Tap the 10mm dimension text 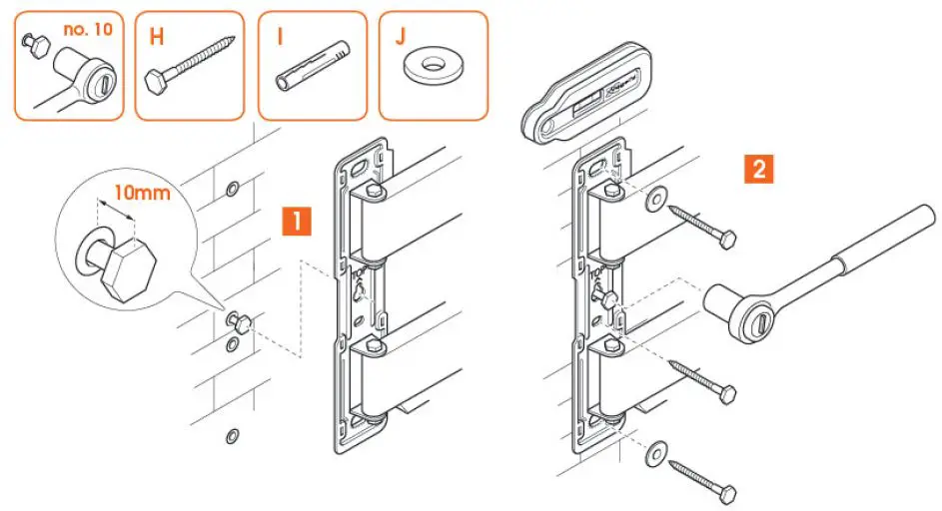coord(140,192)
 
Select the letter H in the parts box coord(157,38)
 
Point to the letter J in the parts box coord(401,38)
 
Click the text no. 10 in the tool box coord(87,30)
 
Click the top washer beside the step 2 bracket coord(657,197)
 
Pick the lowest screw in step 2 coord(703,478)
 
